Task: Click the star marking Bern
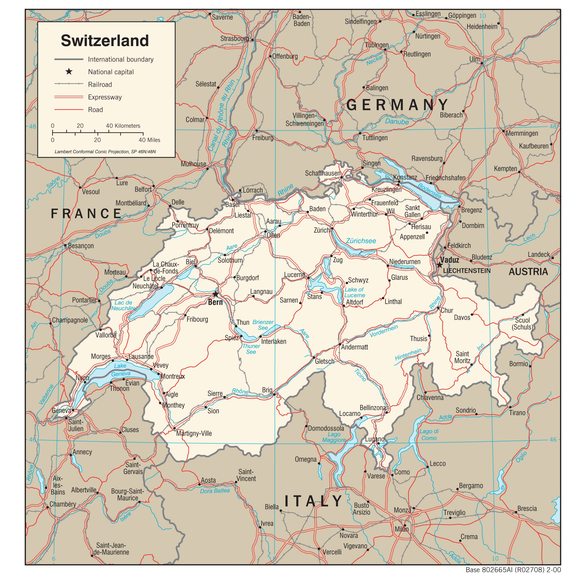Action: pyautogui.click(x=215, y=294)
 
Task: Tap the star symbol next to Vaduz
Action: pyautogui.click(x=440, y=265)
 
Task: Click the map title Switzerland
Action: pyautogui.click(x=105, y=41)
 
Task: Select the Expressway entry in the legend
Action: pyautogui.click(x=105, y=97)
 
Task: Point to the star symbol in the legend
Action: pyautogui.click(x=69, y=72)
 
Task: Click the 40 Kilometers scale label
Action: pyautogui.click(x=123, y=126)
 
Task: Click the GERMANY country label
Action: pyautogui.click(x=397, y=105)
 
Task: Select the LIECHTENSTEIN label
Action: pyautogui.click(x=466, y=271)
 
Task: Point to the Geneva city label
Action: pyautogui.click(x=61, y=411)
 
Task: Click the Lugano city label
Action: pyautogui.click(x=375, y=439)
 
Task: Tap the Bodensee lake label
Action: pyautogui.click(x=429, y=191)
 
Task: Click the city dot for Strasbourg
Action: pyautogui.click(x=252, y=40)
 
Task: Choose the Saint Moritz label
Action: pyautogui.click(x=462, y=357)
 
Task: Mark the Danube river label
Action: pyautogui.click(x=397, y=122)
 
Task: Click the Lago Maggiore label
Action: pyautogui.click(x=334, y=437)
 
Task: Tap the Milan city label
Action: pyautogui.click(x=401, y=529)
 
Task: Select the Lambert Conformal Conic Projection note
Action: pyautogui.click(x=105, y=152)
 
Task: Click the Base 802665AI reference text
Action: pyautogui.click(x=513, y=570)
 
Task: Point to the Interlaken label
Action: pyautogui.click(x=273, y=341)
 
